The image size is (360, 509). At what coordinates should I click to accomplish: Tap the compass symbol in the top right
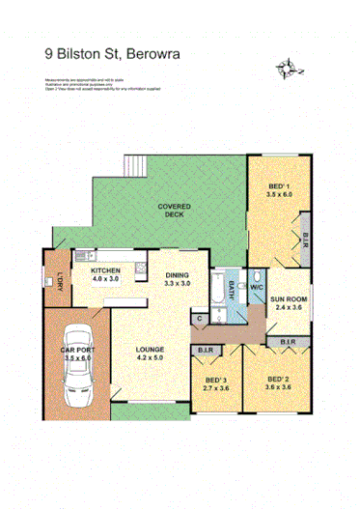coord(286,68)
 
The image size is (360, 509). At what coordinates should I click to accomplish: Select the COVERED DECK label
coord(175,212)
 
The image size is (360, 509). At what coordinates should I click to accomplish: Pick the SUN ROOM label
coord(289,300)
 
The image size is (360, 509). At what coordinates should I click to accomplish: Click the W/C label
coord(257,287)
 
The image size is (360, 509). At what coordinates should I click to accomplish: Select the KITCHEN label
coord(104,271)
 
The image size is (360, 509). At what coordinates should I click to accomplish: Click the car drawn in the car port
coord(79,382)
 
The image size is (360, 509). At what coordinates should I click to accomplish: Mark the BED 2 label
coord(277,379)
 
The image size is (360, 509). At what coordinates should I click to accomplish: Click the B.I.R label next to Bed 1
coord(305,239)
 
